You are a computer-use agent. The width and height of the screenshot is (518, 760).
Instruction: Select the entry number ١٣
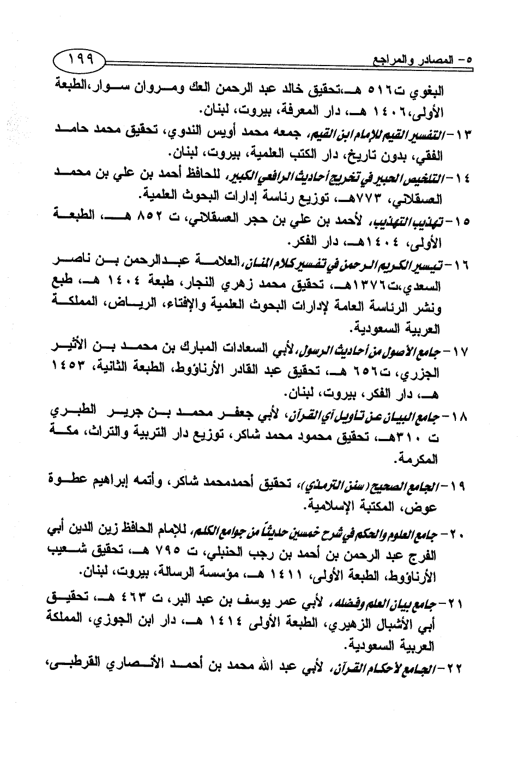(456, 133)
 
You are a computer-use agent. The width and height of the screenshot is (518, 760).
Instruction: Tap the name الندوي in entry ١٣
(180, 132)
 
